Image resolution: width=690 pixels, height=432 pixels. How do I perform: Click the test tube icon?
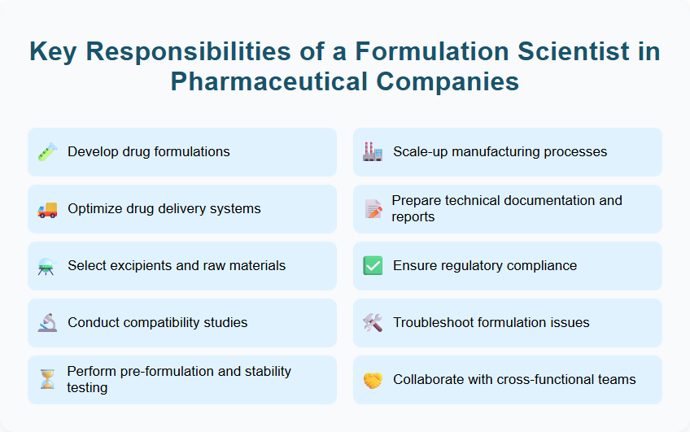click(x=47, y=152)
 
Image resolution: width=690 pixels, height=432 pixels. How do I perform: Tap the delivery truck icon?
click(x=47, y=209)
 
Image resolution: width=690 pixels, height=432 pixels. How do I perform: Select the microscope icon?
click(x=47, y=323)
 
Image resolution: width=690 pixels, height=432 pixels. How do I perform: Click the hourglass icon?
click(x=47, y=379)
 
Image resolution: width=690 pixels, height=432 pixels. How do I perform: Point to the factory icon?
click(x=373, y=152)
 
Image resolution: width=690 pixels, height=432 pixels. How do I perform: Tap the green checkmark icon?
click(x=373, y=266)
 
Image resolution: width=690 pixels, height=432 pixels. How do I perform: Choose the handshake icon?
click(x=373, y=380)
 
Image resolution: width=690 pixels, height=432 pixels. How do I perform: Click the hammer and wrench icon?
click(x=373, y=323)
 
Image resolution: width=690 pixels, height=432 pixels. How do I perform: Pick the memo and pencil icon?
click(x=373, y=209)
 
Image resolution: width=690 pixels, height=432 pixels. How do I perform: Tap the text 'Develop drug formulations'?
click(x=149, y=152)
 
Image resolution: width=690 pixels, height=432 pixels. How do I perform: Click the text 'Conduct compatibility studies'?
click(x=158, y=323)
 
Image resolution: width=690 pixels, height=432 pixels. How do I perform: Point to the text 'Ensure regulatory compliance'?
click(x=485, y=266)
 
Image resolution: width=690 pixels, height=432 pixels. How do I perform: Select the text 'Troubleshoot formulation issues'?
click(x=491, y=323)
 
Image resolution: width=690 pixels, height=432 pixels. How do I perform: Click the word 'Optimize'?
click(x=94, y=209)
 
